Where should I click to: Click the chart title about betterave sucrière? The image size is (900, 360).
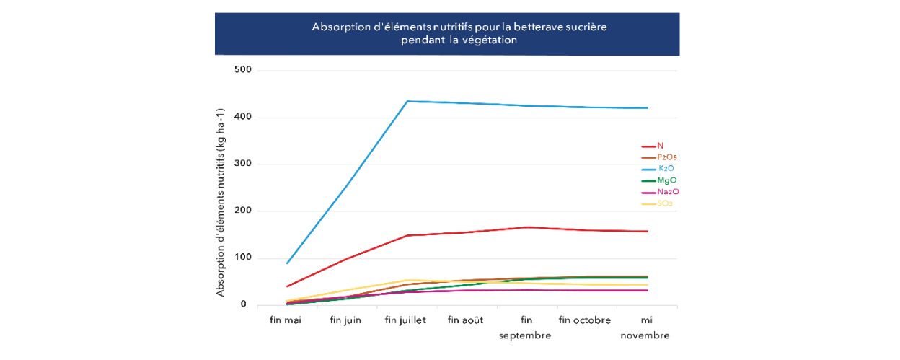click(x=460, y=33)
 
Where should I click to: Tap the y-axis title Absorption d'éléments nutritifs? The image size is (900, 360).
click(x=221, y=203)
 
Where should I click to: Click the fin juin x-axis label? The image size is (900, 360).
click(x=345, y=320)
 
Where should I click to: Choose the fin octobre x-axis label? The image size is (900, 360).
click(x=585, y=320)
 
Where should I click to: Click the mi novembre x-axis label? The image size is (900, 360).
click(x=645, y=328)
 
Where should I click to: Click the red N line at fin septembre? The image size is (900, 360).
click(x=526, y=227)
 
